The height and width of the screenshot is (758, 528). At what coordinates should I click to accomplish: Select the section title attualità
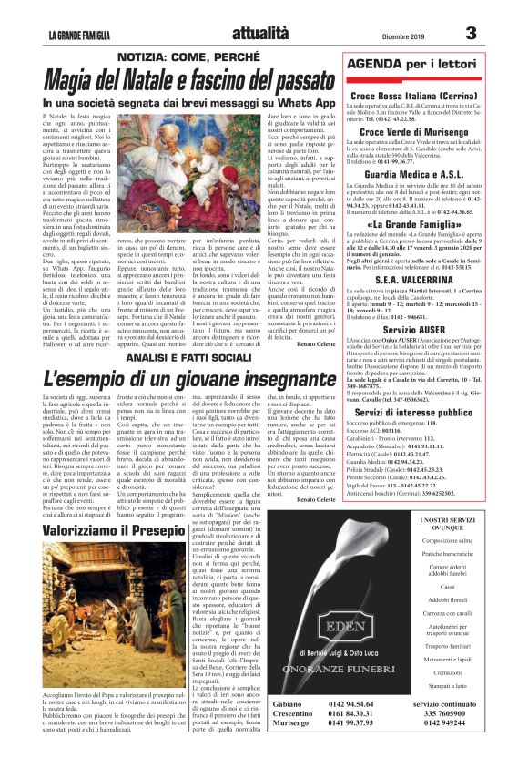tap(263, 34)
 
